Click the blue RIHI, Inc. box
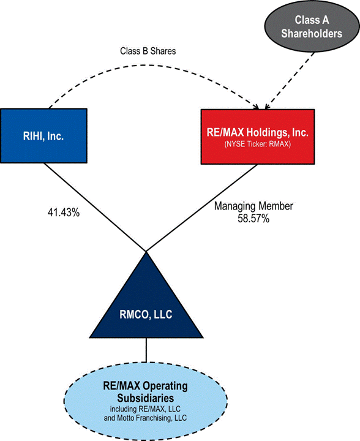point(43,135)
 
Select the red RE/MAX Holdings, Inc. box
point(258,137)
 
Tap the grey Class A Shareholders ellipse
point(312,26)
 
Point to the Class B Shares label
point(148,51)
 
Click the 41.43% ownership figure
point(64,213)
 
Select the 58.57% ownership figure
point(253,219)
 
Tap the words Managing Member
point(253,206)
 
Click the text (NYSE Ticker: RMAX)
point(257,144)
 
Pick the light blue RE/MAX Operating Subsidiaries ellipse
point(146,401)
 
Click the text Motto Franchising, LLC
point(152,418)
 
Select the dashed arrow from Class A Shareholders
point(290,81)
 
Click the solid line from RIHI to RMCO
point(95,207)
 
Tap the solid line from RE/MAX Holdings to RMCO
point(202,208)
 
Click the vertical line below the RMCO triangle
point(146,350)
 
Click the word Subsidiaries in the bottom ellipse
point(146,398)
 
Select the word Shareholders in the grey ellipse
point(312,34)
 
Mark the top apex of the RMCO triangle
point(146,252)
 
